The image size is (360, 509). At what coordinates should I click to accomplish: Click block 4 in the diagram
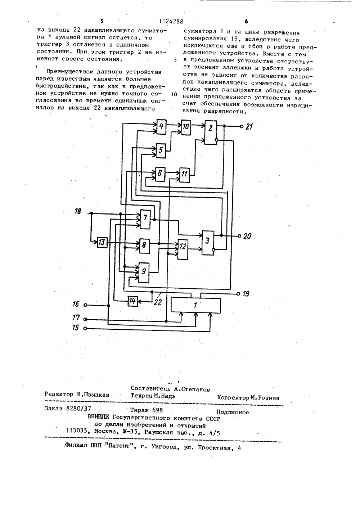point(161,127)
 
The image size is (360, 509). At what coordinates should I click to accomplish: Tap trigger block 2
point(211,132)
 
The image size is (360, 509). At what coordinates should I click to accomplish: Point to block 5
point(161,151)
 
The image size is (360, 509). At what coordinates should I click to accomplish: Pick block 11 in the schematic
point(185,175)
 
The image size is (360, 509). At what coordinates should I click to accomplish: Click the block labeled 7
point(145,219)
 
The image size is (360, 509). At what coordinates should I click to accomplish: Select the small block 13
point(102,242)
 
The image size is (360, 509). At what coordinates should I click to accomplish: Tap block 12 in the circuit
point(183,249)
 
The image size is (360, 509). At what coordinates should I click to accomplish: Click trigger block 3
point(208,243)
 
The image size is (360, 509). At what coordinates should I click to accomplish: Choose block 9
point(144,273)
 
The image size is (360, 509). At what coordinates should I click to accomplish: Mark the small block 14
point(133,301)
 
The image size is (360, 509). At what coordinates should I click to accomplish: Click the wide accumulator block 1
point(195,305)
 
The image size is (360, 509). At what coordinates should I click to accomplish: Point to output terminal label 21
point(249,127)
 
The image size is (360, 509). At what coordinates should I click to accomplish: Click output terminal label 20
point(247,236)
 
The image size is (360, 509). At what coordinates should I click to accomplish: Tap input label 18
point(78,212)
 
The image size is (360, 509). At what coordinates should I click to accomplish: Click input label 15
point(76,328)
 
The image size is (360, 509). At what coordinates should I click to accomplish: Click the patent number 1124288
point(171,22)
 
